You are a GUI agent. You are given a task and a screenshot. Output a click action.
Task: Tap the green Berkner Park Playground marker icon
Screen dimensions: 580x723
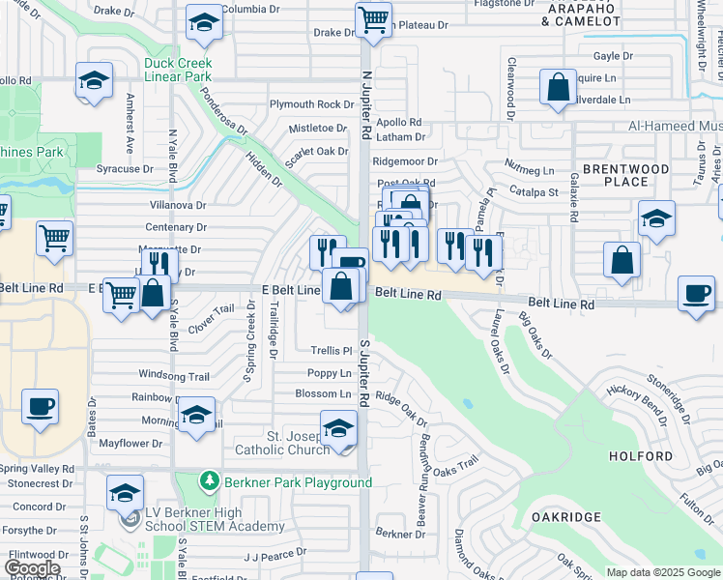pyautogui.click(x=207, y=480)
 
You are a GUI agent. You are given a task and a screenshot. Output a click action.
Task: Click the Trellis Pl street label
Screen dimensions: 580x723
pyautogui.click(x=331, y=350)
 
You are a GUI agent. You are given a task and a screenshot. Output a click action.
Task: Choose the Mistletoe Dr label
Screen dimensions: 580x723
pyautogui.click(x=317, y=128)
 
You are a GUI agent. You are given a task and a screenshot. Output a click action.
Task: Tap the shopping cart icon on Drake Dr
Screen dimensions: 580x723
pyautogui.click(x=372, y=19)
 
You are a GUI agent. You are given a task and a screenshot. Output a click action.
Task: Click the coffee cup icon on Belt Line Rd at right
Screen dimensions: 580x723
pyautogui.click(x=696, y=295)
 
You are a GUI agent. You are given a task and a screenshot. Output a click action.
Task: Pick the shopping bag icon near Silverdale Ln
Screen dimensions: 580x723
pyautogui.click(x=559, y=88)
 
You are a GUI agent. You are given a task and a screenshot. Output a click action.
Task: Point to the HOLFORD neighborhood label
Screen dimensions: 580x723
pyautogui.click(x=641, y=455)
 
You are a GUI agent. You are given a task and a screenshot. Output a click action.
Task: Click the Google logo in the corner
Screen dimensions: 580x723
pyautogui.click(x=32, y=569)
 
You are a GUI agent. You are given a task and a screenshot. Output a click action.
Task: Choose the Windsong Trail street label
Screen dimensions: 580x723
pyautogui.click(x=174, y=376)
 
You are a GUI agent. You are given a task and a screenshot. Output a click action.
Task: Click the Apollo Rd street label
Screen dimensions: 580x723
pyautogui.click(x=398, y=123)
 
